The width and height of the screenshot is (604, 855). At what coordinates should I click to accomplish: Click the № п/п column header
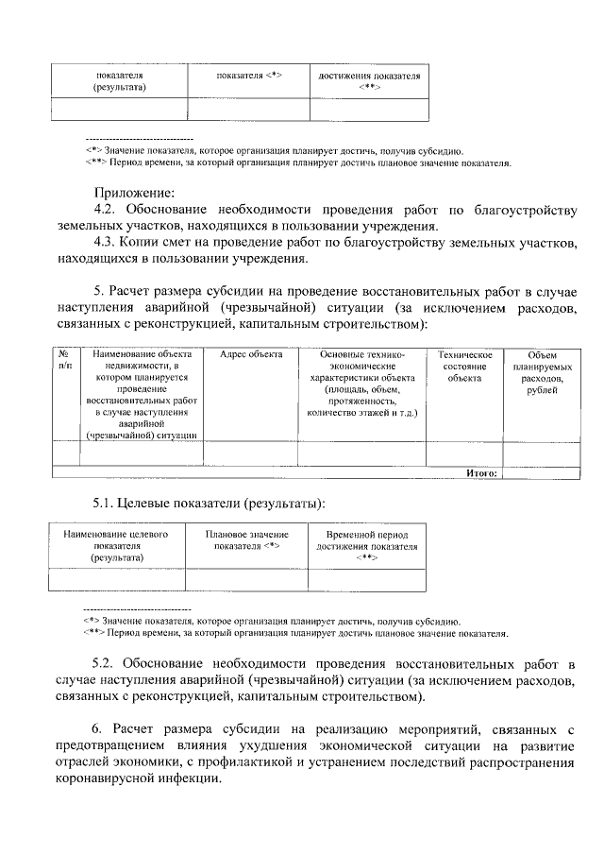pyautogui.click(x=64, y=360)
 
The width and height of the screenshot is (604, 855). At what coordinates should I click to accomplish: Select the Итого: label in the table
pyautogui.click(x=481, y=473)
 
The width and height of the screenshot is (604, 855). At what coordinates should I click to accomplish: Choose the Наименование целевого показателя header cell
pyautogui.click(x=117, y=546)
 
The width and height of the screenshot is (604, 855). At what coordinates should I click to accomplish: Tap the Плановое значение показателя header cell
pyautogui.click(x=246, y=539)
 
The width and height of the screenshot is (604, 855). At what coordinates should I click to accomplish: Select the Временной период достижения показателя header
pyautogui.click(x=366, y=546)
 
